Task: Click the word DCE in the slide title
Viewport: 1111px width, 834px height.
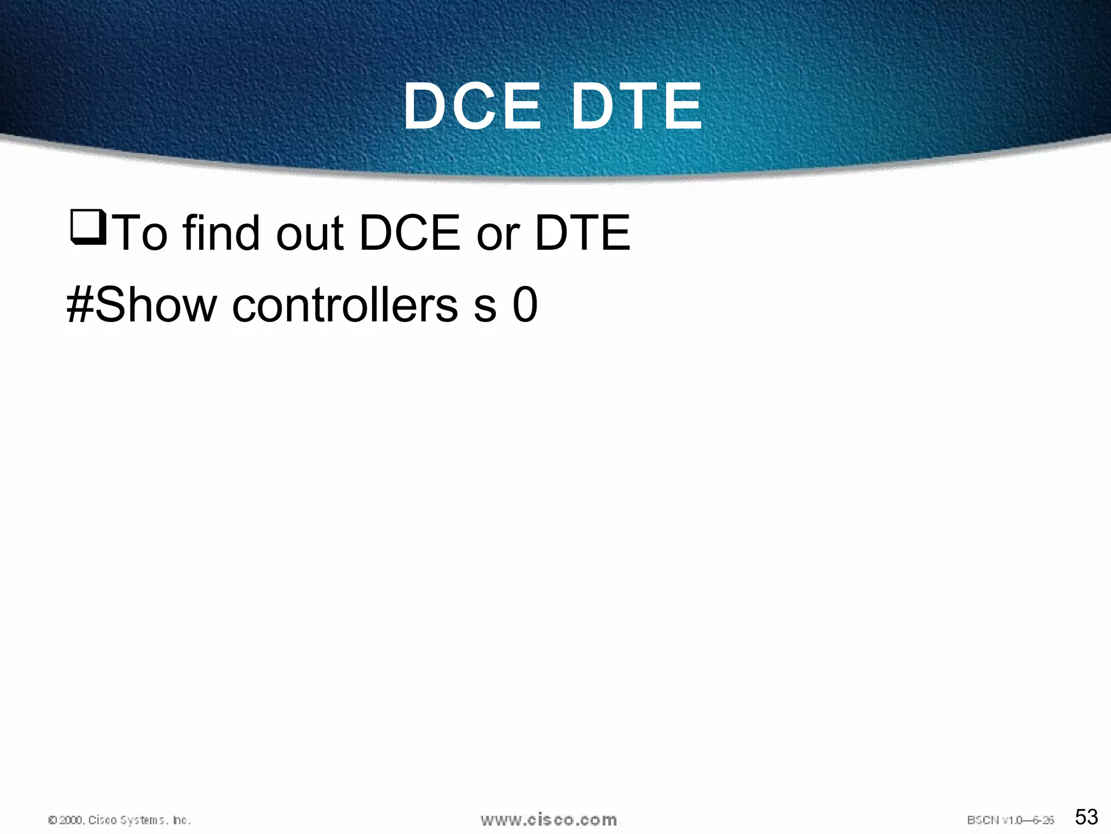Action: (472, 106)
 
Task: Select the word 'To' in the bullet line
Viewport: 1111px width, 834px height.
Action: (142, 233)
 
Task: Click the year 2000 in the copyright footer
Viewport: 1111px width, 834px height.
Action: (71, 820)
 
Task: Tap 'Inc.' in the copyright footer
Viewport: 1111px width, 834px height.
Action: (181, 820)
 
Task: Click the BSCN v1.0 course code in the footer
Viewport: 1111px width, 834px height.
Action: (998, 820)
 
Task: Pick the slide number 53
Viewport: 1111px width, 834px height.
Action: (1087, 817)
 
